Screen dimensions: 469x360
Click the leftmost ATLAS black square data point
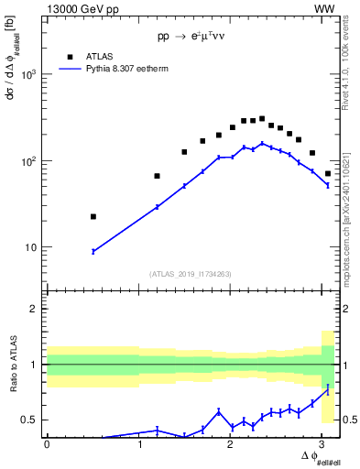[x=93, y=216]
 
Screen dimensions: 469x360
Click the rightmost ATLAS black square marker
[x=328, y=173]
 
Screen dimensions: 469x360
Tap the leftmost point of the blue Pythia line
[x=93, y=251]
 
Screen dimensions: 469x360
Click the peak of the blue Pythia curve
[x=262, y=143]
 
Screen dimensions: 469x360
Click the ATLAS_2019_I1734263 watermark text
[x=191, y=273]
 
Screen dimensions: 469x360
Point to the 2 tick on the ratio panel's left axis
[x=37, y=309]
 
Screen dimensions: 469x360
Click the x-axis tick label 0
[x=47, y=444]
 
